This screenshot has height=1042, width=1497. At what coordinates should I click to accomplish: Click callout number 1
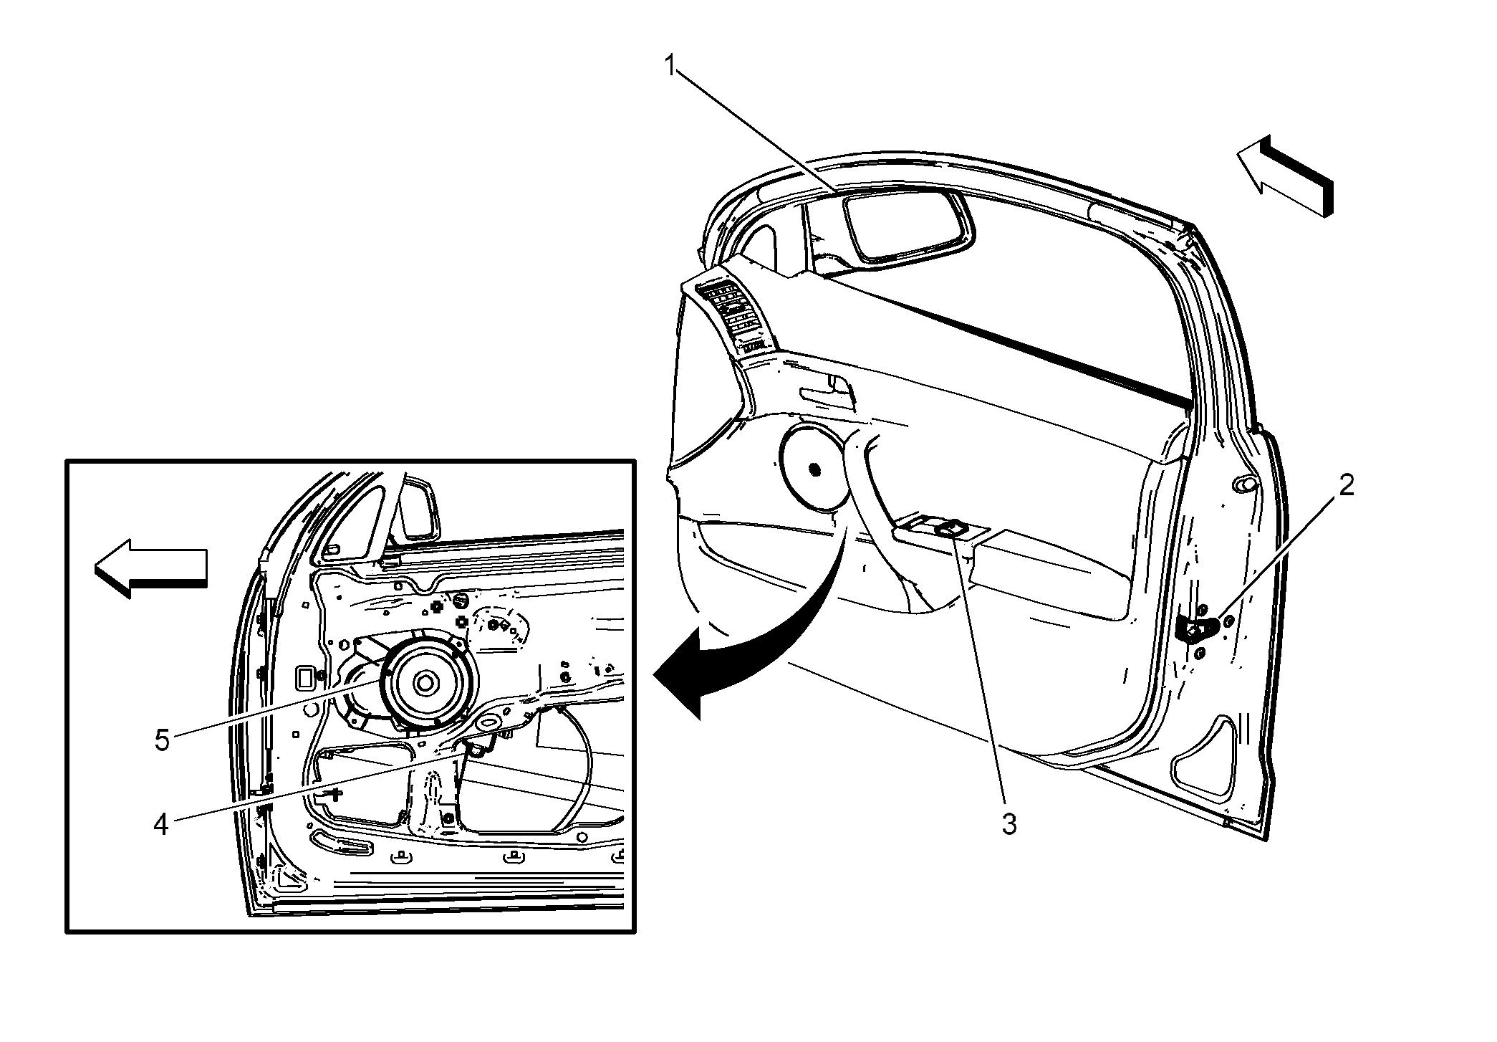click(x=670, y=67)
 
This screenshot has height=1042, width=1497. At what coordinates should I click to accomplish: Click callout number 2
click(x=1347, y=486)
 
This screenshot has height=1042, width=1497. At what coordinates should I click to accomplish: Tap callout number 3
click(x=1009, y=825)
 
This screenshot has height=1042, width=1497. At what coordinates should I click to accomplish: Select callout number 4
click(x=161, y=825)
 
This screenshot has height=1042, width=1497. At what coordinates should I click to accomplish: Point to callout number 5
click(x=163, y=740)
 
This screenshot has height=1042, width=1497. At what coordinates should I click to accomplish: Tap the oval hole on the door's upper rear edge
click(x=1245, y=484)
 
